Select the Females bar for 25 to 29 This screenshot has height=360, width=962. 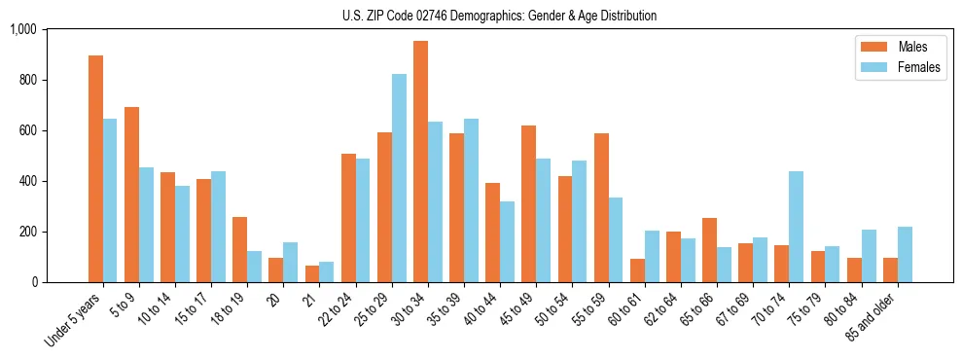click(x=399, y=178)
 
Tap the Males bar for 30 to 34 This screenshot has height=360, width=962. click(x=420, y=162)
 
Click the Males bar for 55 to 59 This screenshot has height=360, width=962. click(x=601, y=208)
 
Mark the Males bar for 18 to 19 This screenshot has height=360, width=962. click(x=239, y=250)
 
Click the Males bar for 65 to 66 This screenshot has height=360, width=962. click(x=709, y=250)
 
